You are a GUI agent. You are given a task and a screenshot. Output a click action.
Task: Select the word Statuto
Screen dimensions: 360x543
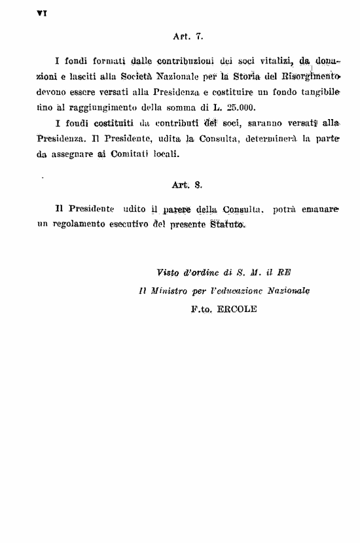pyautogui.click(x=227, y=225)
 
